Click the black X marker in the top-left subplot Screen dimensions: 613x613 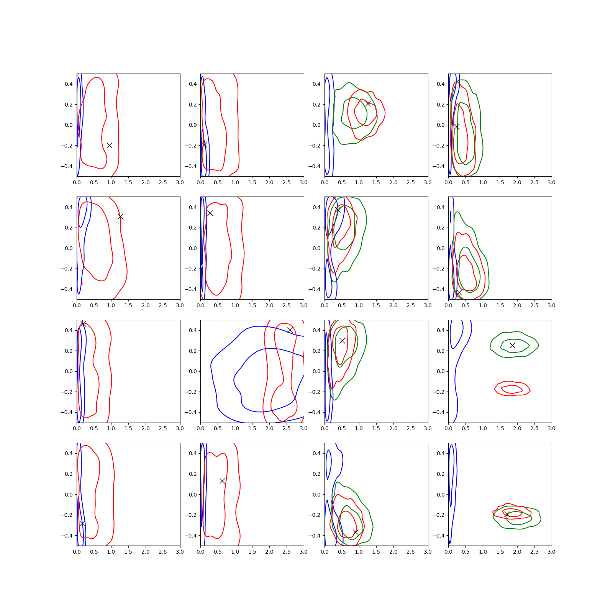coord(109,145)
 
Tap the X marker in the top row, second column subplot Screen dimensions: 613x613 coord(204,144)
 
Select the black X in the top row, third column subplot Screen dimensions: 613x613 coord(368,103)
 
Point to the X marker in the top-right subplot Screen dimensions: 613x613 coord(457,126)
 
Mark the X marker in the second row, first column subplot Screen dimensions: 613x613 coord(120,216)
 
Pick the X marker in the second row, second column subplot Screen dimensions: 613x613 coord(210,213)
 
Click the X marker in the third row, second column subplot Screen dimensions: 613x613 coord(290,330)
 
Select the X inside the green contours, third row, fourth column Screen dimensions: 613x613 coord(512,345)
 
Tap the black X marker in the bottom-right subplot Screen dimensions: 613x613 coord(507,515)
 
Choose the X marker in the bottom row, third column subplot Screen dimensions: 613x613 coord(356,532)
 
